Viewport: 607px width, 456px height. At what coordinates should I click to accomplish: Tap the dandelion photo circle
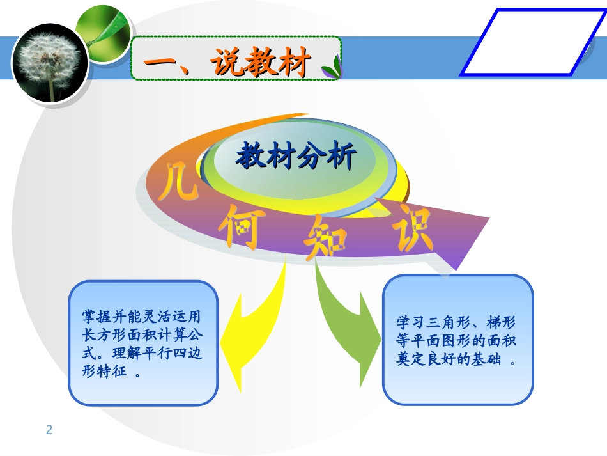pyautogui.click(x=49, y=63)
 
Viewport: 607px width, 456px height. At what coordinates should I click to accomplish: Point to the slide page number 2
pyautogui.click(x=49, y=430)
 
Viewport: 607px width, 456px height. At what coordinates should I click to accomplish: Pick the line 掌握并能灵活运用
pyautogui.click(x=143, y=317)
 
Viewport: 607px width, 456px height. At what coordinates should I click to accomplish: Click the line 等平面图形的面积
pyautogui.click(x=457, y=341)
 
